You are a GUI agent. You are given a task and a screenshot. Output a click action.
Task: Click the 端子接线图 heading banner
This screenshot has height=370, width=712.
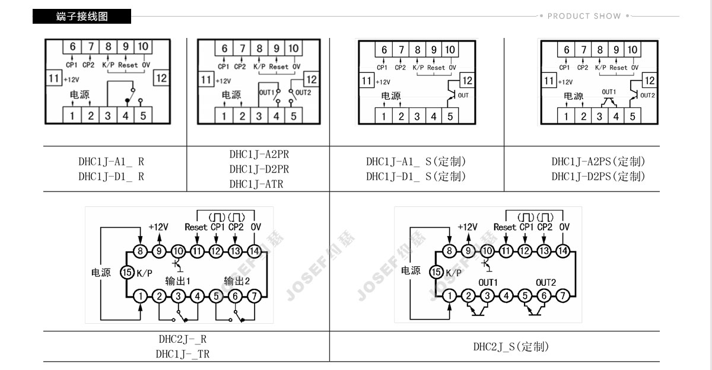coord(82,17)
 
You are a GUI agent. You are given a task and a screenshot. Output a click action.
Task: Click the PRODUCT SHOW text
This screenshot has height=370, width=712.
coord(584,16)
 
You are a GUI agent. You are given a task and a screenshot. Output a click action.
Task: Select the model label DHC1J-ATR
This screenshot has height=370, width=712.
coord(256,184)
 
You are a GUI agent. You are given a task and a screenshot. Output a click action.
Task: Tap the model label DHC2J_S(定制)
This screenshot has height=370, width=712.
coord(511,347)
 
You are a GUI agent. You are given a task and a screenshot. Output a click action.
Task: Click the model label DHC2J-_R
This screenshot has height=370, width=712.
coord(182,339)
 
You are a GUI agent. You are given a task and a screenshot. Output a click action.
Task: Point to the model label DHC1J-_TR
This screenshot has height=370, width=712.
coord(182,354)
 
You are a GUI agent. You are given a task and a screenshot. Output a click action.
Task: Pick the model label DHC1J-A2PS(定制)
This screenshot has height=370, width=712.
coord(598,161)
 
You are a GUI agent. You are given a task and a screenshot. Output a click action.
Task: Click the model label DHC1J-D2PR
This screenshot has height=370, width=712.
coord(259,169)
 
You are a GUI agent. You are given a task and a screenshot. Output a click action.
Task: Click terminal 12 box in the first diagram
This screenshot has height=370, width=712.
coord(161,78)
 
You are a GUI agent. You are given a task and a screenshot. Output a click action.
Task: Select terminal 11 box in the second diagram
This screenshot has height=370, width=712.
coord(206,79)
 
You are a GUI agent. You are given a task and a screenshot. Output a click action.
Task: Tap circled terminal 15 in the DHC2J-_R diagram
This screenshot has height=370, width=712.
coord(127,272)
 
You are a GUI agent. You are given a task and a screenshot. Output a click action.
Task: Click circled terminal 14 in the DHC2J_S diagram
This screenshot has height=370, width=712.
coord(562,251)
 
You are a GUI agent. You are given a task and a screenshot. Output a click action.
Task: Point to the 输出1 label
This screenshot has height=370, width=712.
coord(177,280)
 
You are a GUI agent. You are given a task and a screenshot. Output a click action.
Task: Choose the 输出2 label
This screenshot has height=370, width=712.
coord(237,280)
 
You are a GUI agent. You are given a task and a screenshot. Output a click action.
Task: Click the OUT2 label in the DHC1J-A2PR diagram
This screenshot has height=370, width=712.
coord(303,92)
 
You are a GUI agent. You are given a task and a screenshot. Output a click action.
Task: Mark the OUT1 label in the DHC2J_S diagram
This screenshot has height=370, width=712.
coord(488,282)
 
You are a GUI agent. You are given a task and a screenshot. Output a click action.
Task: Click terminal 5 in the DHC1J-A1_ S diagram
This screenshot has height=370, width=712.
coord(450,117)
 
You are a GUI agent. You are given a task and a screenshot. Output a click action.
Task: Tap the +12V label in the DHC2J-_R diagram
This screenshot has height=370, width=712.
coord(158,227)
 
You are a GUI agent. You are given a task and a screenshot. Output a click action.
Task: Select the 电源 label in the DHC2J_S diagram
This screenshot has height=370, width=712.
coord(411,271)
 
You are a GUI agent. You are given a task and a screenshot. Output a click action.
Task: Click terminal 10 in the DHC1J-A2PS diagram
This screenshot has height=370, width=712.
coord(632,50)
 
